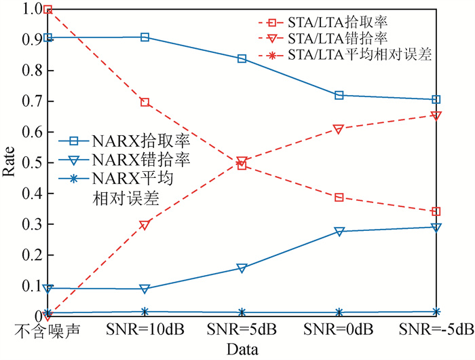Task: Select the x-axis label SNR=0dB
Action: tap(339, 331)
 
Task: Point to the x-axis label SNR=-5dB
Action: tap(436, 331)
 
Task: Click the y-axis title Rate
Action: tap(9, 162)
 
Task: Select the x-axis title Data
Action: tap(242, 350)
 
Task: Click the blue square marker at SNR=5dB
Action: tap(242, 58)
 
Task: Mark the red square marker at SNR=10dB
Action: tap(145, 102)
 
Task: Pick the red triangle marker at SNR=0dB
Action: tap(339, 129)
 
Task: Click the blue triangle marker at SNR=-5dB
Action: tap(436, 228)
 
